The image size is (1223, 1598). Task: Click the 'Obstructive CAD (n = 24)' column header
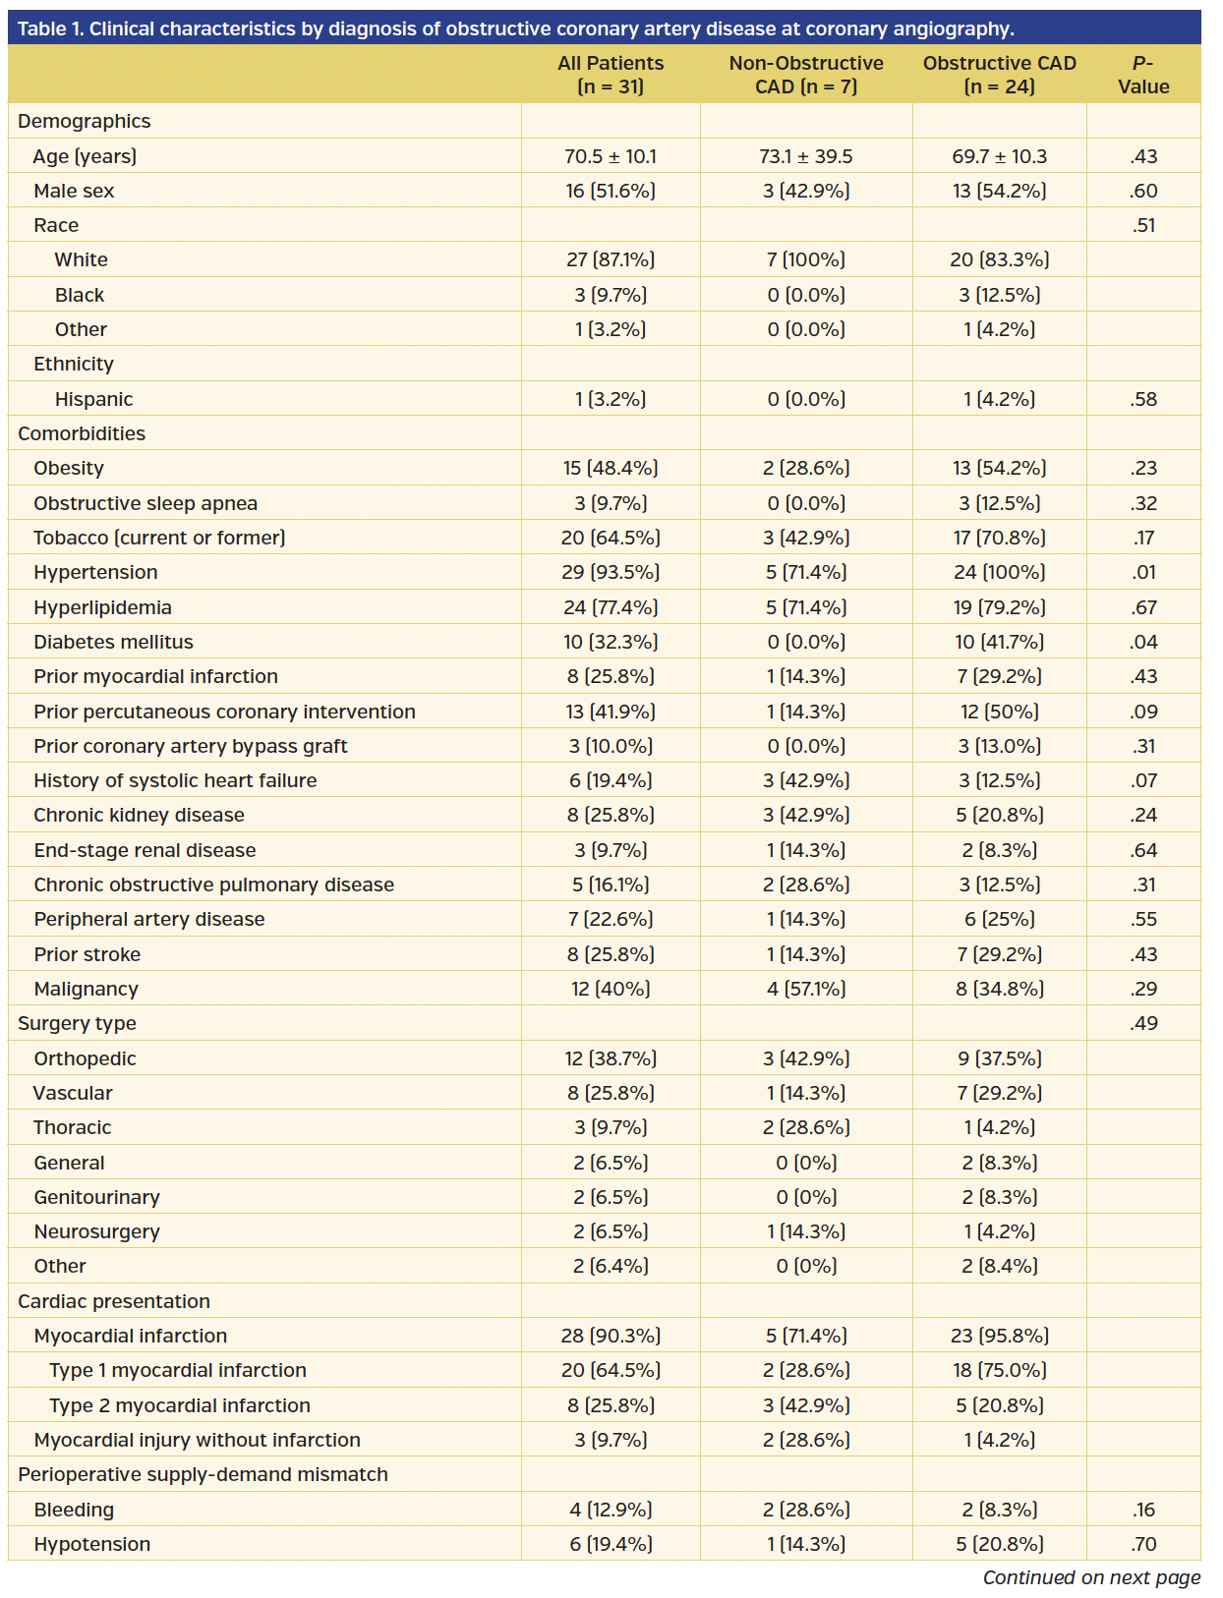(999, 75)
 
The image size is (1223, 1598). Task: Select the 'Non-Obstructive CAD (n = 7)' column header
(806, 75)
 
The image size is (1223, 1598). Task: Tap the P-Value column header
(1143, 75)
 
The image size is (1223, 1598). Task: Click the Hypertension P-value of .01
(1143, 572)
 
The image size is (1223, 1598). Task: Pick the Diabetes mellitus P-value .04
(1143, 642)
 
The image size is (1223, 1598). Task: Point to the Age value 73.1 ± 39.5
(806, 156)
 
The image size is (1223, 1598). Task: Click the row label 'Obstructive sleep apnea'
(146, 503)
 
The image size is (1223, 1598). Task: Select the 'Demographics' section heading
(85, 121)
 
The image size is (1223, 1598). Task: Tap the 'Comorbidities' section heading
(82, 433)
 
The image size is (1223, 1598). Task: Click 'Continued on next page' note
(1091, 1577)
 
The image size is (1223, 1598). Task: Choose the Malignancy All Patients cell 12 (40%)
(611, 989)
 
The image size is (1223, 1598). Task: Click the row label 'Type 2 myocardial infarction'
(180, 1405)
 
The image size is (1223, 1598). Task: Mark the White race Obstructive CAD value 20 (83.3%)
(999, 259)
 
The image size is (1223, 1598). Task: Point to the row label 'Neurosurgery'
(96, 1231)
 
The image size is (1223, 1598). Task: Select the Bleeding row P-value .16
(1143, 1510)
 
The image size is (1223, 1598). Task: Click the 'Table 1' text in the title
(50, 29)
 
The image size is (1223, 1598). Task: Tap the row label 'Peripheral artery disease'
(149, 919)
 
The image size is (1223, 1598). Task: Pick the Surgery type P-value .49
(1143, 1023)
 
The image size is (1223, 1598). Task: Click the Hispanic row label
(93, 399)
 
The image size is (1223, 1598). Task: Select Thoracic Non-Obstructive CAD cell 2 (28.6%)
(806, 1127)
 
